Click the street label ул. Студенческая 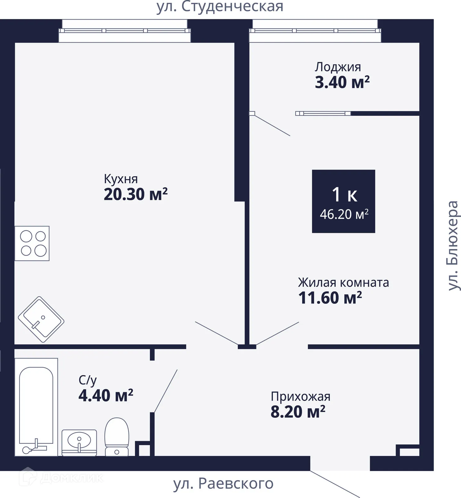coord(220,7)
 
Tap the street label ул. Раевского coord(223,483)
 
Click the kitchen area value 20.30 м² coord(136,194)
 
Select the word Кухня coord(121,179)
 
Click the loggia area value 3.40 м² coord(342,82)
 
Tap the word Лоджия coord(338,67)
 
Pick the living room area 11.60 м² coord(330,298)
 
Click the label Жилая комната coord(343,283)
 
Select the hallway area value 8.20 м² coord(298,411)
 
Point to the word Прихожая coord(301,397)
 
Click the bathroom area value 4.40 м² coord(106,395)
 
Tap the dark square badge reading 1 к coord(343,201)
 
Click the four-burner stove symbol coord(32,243)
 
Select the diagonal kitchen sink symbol coord(41,319)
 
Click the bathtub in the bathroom coord(36,407)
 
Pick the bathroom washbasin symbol coord(79,443)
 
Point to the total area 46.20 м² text coord(344,214)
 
